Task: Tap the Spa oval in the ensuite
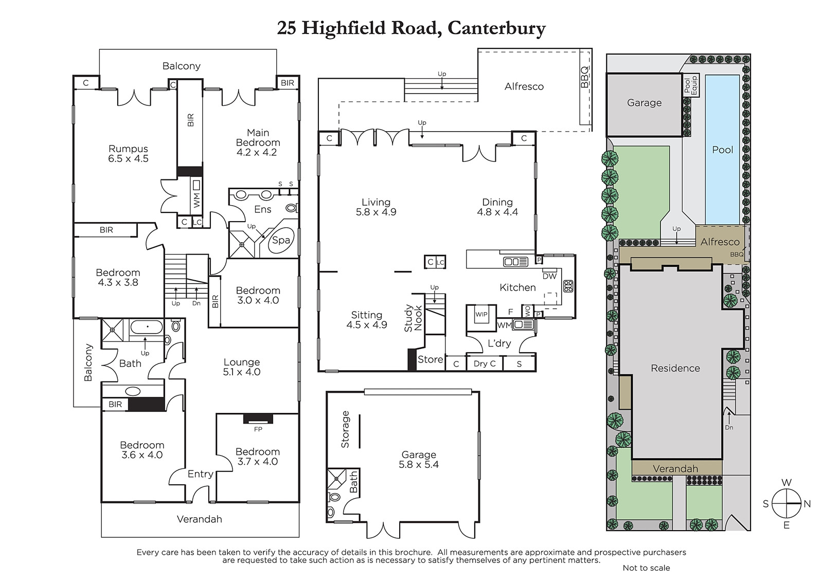click(x=281, y=241)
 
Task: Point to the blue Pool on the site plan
click(x=722, y=150)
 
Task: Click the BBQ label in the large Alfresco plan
click(x=584, y=77)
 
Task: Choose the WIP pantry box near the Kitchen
click(x=481, y=315)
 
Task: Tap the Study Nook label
click(x=414, y=318)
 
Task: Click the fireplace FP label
click(x=258, y=429)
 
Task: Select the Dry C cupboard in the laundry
click(x=485, y=364)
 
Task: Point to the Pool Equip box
click(x=691, y=85)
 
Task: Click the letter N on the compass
click(x=807, y=504)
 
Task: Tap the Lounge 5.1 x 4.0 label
click(x=242, y=367)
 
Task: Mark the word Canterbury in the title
click(x=497, y=28)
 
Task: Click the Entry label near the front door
click(x=201, y=474)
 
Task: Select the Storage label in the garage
click(x=345, y=429)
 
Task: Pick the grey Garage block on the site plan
click(x=644, y=105)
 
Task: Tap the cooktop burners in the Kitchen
click(x=568, y=286)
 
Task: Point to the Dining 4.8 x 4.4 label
click(x=497, y=207)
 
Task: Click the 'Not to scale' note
click(x=646, y=568)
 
